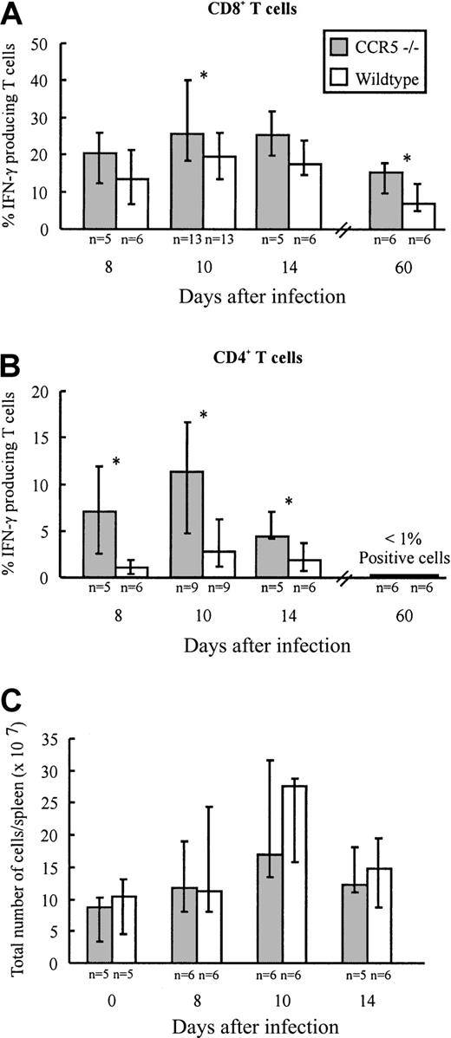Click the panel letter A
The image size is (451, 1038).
tap(14, 15)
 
